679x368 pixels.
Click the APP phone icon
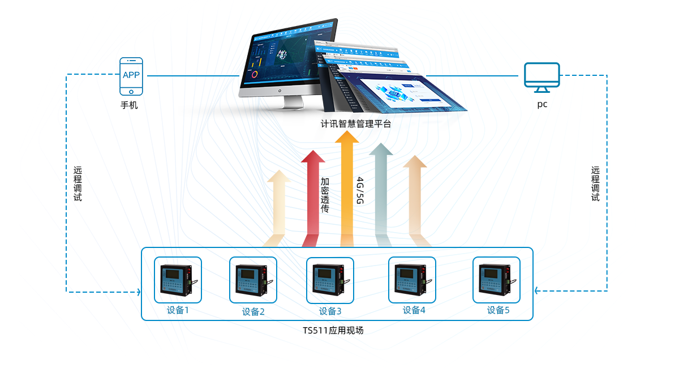tap(131, 76)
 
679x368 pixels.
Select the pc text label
tap(542, 105)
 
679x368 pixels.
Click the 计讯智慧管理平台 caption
tap(356, 124)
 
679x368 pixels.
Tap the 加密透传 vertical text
tap(325, 195)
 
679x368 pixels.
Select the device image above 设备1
tap(178, 280)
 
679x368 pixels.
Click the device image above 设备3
tap(330, 280)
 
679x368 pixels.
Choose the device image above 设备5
tap(496, 280)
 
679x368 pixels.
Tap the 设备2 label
tap(253, 311)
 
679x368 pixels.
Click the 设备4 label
tap(414, 310)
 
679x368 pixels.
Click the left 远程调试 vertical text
tap(78, 184)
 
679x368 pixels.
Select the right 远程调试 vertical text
tap(595, 184)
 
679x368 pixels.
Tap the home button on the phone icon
tap(131, 91)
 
